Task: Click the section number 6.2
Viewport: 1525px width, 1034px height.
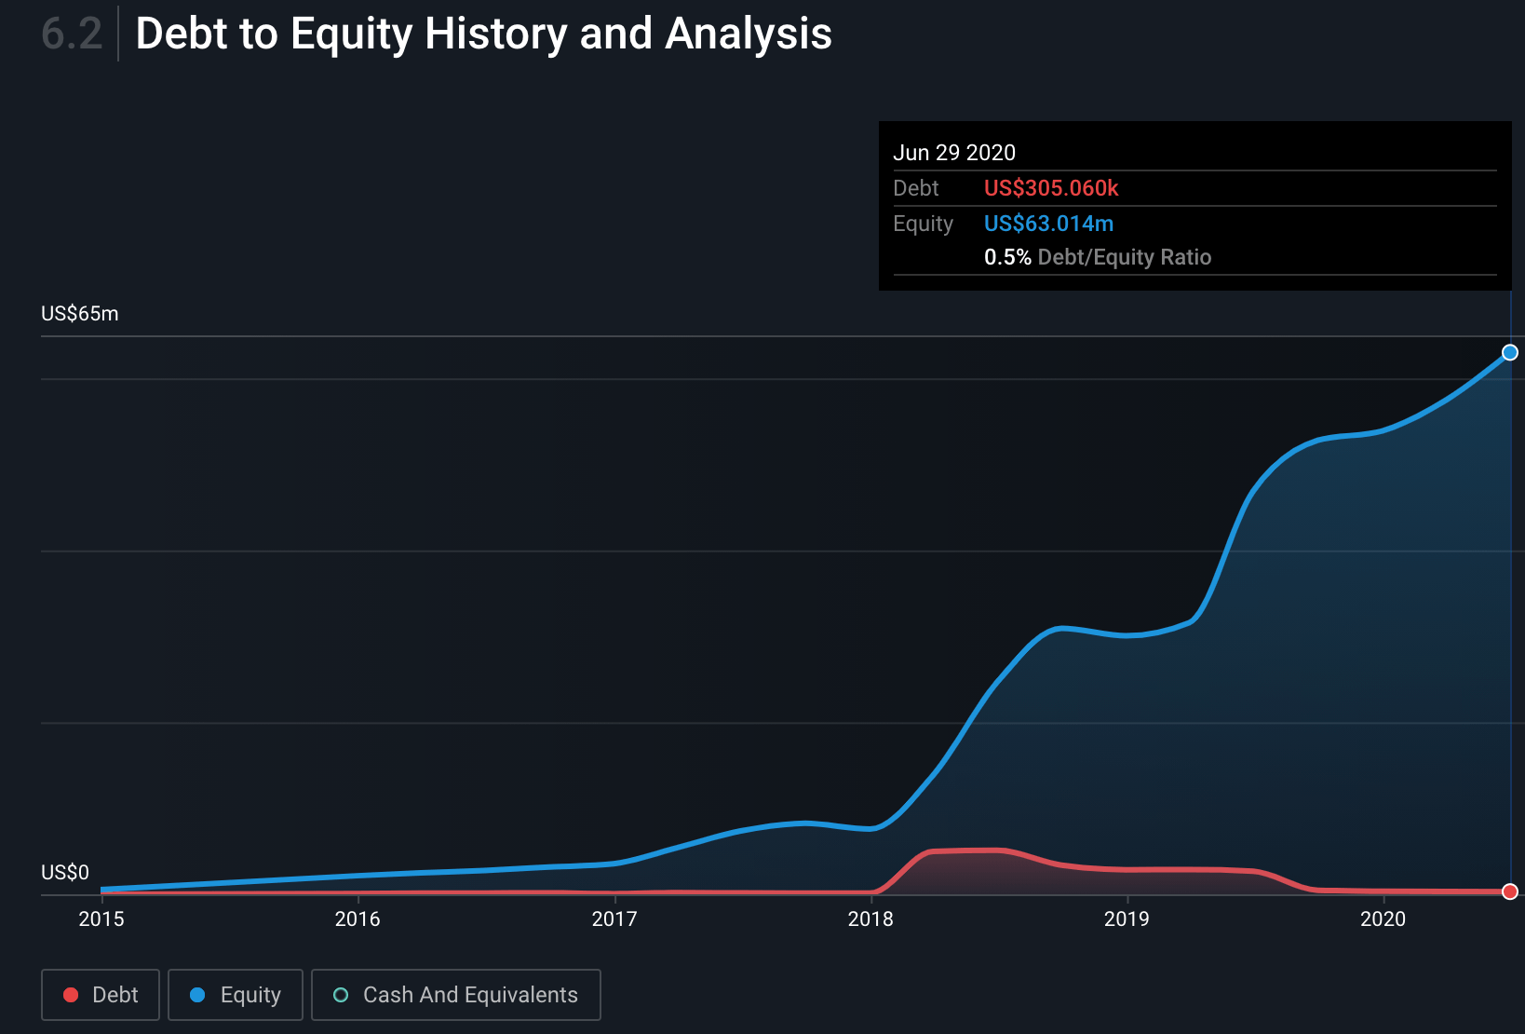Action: coord(71,34)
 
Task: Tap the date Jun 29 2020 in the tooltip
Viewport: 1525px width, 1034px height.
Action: coord(953,153)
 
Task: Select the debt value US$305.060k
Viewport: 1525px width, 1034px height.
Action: coord(1050,188)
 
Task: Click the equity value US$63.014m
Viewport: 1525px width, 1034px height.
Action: coord(1048,224)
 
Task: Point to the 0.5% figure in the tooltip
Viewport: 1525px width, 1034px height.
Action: coord(1006,257)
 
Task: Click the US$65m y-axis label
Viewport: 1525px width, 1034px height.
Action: coord(79,314)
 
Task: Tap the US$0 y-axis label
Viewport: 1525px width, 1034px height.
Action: coord(64,873)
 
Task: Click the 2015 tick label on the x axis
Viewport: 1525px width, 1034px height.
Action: coord(101,919)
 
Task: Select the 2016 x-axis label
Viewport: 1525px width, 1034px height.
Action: coord(358,919)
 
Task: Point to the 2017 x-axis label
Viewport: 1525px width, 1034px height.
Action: coord(614,919)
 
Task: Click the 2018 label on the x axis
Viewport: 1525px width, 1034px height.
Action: coord(870,919)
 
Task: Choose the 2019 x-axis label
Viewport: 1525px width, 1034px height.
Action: coord(1127,919)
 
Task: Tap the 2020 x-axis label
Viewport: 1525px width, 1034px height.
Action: coord(1383,919)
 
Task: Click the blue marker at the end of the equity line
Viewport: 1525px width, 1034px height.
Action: coord(1510,352)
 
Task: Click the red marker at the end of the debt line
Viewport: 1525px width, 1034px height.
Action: coord(1510,891)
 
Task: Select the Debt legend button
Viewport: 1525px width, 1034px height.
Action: coord(101,995)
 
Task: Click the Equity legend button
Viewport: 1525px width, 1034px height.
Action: coord(236,995)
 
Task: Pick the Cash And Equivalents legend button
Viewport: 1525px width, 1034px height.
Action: coord(456,995)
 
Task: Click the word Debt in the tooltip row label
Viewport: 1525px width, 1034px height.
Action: coord(915,188)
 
